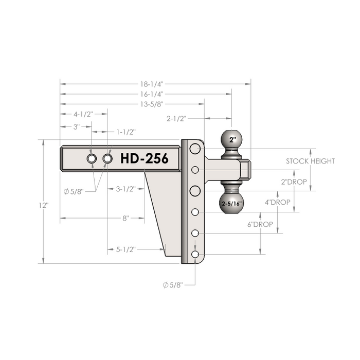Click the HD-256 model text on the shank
145,158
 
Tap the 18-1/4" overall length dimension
152,84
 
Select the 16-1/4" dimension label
152,94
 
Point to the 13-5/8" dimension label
152,104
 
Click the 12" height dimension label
44,205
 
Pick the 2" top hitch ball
231,139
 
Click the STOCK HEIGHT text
310,161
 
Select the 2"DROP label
294,182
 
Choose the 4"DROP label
278,202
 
